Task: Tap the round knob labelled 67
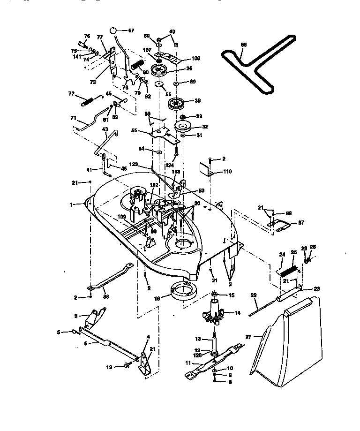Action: (114, 30)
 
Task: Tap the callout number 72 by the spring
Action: (72, 94)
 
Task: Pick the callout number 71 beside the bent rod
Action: (73, 118)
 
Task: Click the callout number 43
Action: (105, 129)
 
